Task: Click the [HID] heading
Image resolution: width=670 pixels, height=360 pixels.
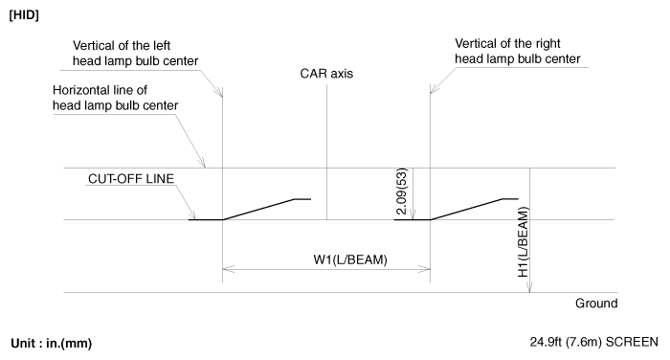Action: click(24, 15)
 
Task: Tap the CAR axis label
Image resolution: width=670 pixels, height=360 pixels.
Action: click(326, 74)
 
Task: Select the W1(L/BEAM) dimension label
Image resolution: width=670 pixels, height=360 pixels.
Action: click(350, 259)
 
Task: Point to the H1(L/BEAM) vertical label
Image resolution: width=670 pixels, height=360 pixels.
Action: click(524, 242)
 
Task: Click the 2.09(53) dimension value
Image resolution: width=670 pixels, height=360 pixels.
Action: click(402, 191)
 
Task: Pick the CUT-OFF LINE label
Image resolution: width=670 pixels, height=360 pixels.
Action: click(131, 179)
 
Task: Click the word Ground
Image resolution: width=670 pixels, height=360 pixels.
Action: click(596, 304)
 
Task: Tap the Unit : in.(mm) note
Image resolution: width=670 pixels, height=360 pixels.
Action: click(52, 344)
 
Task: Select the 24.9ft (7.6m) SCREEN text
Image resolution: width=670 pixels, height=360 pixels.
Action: click(594, 342)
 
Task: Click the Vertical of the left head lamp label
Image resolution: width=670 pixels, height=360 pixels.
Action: click(136, 53)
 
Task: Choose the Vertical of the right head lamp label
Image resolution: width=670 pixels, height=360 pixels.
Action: click(518, 51)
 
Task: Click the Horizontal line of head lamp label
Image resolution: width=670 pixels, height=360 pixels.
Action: click(116, 98)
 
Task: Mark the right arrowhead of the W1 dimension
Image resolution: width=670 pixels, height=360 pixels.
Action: click(424, 269)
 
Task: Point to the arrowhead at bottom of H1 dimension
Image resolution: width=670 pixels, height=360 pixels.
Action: click(529, 287)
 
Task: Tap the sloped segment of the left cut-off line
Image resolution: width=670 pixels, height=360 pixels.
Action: click(258, 210)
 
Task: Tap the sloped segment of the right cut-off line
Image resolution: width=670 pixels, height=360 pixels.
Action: click(466, 210)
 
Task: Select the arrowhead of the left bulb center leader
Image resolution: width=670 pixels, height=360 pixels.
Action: click(219, 92)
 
